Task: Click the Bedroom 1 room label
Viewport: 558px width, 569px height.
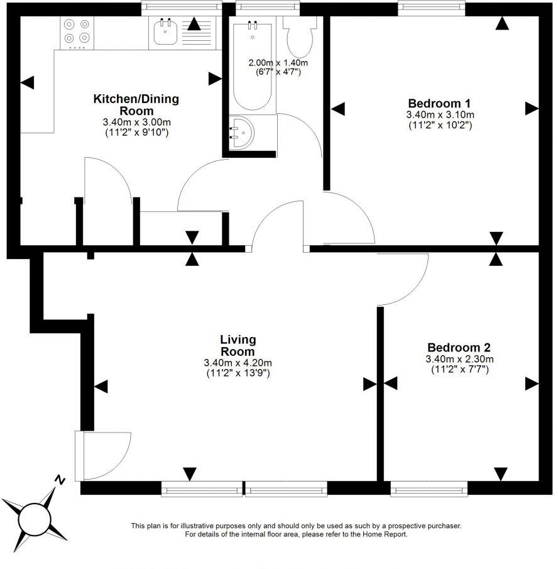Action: (x=439, y=103)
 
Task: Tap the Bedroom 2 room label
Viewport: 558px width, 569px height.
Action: (x=459, y=348)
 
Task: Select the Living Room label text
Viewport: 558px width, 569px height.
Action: (x=238, y=345)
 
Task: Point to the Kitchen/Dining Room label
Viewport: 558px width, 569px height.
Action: (x=136, y=104)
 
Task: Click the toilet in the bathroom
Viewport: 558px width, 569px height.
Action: (x=300, y=36)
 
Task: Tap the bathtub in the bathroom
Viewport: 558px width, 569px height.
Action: (x=253, y=67)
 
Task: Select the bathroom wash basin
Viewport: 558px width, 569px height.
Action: (x=241, y=133)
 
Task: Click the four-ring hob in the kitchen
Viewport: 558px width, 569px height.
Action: (x=77, y=33)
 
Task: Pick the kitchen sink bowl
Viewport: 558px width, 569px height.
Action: (x=165, y=32)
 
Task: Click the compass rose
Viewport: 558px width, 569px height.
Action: (x=35, y=518)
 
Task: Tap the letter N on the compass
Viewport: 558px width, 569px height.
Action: (x=60, y=480)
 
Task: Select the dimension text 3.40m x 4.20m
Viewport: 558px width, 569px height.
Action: (x=238, y=363)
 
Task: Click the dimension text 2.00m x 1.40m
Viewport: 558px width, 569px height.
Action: (x=278, y=63)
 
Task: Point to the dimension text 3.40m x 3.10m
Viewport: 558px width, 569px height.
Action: (x=440, y=115)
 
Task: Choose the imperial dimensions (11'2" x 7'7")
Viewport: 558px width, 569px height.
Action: (x=460, y=370)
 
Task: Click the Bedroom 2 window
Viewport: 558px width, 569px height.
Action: (x=429, y=489)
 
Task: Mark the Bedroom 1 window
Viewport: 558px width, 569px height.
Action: (x=432, y=8)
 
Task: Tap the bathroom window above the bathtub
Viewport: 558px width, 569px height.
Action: (x=268, y=8)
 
